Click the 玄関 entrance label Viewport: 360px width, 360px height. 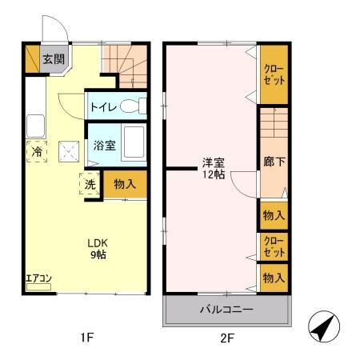pyautogui.click(x=54, y=59)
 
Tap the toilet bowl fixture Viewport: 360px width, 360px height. pyautogui.click(x=134, y=106)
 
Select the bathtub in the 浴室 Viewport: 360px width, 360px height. pyautogui.click(x=134, y=143)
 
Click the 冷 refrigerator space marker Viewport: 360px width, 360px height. pyautogui.click(x=37, y=151)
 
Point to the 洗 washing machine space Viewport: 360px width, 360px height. pyautogui.click(x=90, y=183)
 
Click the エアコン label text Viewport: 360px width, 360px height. pyautogui.click(x=38, y=278)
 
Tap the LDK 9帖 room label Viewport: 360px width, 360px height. pyautogui.click(x=98, y=249)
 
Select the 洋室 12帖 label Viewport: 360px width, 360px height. pyautogui.click(x=214, y=168)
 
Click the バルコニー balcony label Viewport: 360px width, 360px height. pyautogui.click(x=226, y=310)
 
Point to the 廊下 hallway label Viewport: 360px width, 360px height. pyautogui.click(x=274, y=162)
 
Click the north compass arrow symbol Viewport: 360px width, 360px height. pyautogui.click(x=324, y=326)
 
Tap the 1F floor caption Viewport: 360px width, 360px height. pyautogui.click(x=86, y=338)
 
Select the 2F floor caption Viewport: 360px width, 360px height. pyautogui.click(x=227, y=338)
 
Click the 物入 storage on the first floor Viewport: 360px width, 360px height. pyautogui.click(x=125, y=184)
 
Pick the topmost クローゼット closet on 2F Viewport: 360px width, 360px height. pyautogui.click(x=274, y=74)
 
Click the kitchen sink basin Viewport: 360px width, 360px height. pyautogui.click(x=36, y=126)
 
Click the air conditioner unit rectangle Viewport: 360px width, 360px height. pyautogui.click(x=38, y=287)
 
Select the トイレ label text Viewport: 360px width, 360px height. pyautogui.click(x=104, y=107)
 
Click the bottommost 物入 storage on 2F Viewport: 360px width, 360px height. pyautogui.click(x=274, y=278)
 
